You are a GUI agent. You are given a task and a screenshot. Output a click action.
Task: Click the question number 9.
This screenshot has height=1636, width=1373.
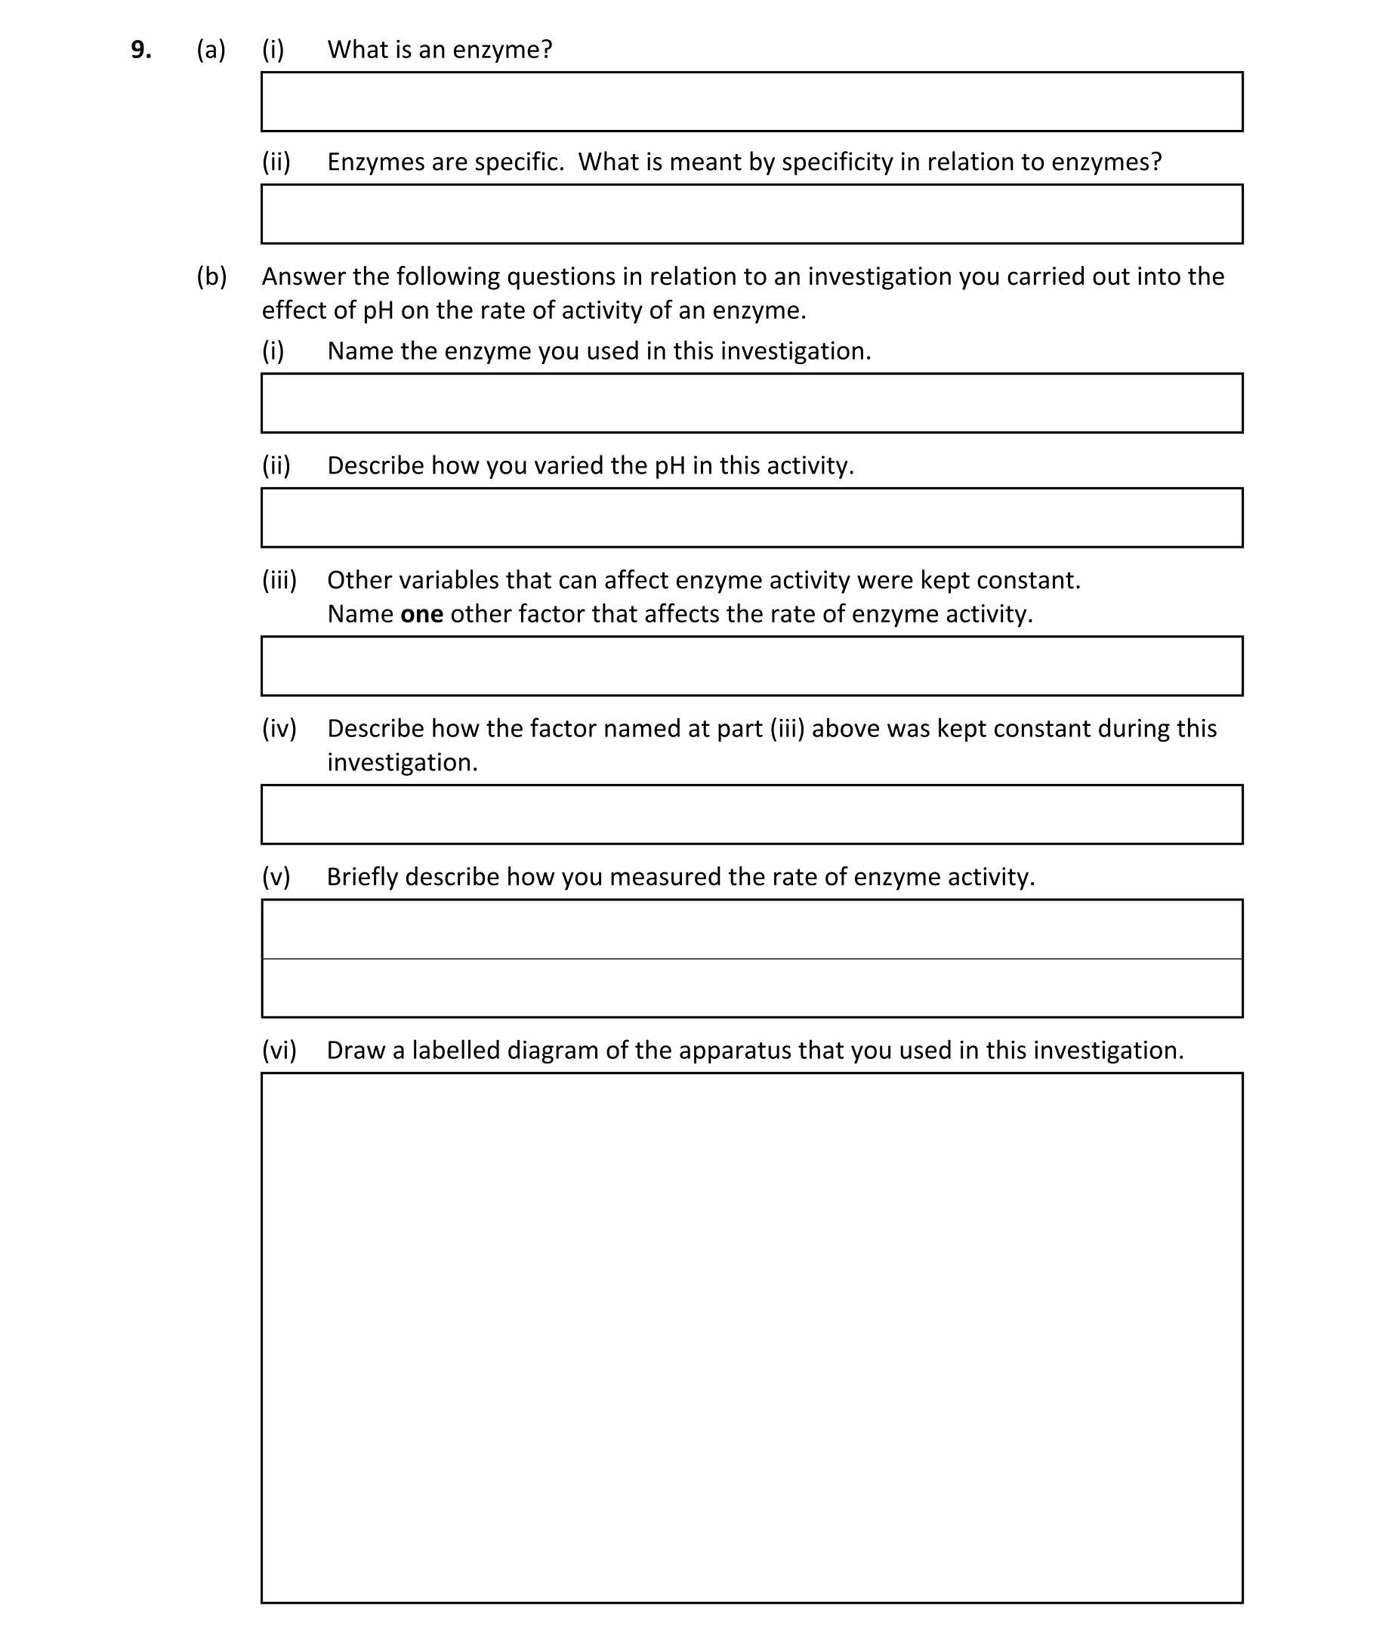click(141, 50)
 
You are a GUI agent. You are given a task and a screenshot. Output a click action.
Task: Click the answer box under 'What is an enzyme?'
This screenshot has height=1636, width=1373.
click(751, 102)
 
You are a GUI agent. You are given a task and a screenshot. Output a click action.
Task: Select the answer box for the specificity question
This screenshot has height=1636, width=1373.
click(751, 215)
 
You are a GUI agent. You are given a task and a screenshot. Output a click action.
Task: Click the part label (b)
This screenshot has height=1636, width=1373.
click(211, 276)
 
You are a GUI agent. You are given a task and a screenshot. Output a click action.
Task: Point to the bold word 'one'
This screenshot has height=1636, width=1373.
click(421, 614)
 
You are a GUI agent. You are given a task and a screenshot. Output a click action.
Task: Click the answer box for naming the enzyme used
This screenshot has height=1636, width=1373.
click(751, 403)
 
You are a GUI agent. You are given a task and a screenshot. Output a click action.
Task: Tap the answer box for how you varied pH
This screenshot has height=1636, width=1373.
click(751, 518)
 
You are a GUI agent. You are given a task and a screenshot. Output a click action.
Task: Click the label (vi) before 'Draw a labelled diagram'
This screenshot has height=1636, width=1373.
click(279, 1050)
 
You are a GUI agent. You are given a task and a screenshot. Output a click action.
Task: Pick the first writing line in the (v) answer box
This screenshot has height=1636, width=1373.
click(751, 929)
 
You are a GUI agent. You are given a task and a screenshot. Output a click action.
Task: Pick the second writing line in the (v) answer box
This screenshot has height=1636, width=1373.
click(751, 988)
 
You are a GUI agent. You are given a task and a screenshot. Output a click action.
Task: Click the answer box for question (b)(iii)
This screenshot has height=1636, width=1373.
click(751, 666)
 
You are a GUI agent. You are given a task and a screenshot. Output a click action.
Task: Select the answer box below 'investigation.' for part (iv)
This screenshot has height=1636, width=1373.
click(751, 814)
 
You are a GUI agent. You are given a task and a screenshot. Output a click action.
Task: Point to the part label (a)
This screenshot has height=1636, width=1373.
click(210, 50)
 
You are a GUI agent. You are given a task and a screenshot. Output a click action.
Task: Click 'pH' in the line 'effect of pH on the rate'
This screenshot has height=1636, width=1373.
click(378, 310)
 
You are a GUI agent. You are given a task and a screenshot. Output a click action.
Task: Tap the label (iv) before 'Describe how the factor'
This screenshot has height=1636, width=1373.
click(279, 728)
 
